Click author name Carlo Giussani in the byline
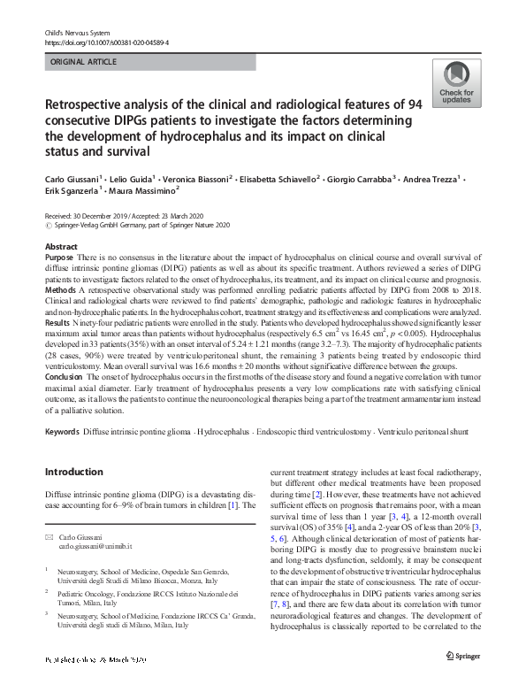67,178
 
